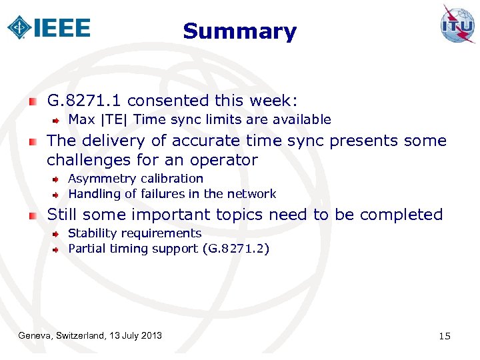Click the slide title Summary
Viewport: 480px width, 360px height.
[239, 31]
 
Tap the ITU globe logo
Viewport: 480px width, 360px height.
[457, 24]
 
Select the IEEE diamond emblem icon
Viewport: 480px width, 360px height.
[19, 27]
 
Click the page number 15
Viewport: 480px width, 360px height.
[445, 335]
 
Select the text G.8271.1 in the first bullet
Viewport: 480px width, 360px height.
[85, 101]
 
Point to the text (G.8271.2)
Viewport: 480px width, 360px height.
[237, 249]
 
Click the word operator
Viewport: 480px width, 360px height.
[225, 160]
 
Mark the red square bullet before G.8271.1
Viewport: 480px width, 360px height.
[33, 101]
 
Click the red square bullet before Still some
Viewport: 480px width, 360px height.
[33, 215]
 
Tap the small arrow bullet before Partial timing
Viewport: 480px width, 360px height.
[57, 249]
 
